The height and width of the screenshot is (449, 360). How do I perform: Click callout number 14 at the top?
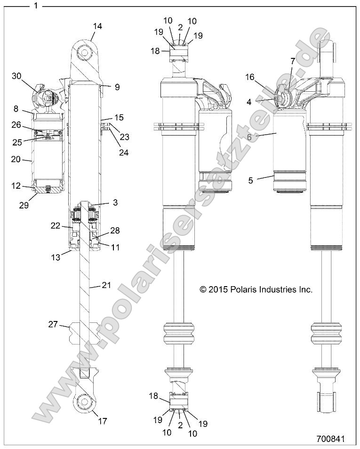96,27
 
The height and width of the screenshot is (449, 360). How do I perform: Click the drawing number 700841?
331,439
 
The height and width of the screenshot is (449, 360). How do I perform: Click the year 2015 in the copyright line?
217,290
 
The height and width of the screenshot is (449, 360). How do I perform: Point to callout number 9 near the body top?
117,87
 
